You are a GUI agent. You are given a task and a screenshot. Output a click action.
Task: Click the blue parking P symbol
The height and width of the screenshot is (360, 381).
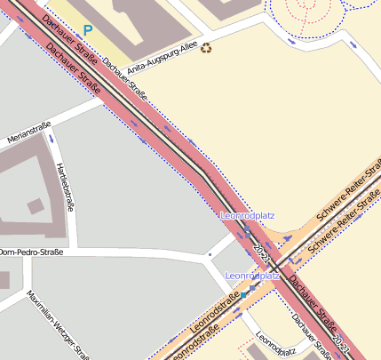coord(88,29)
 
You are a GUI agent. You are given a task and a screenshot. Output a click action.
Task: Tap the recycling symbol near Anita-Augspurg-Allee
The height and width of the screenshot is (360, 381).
coord(207,48)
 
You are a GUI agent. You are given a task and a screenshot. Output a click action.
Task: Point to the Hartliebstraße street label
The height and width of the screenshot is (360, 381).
coord(64,187)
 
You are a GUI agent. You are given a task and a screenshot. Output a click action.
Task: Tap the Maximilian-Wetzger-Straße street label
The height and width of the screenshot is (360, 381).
coord(55,321)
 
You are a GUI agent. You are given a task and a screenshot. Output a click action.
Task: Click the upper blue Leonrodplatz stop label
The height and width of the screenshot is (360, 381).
coord(247,216)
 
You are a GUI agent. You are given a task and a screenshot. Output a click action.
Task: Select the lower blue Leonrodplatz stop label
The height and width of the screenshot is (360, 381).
coord(252,276)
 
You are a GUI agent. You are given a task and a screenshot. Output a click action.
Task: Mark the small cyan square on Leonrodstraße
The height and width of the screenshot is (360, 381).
coord(242,294)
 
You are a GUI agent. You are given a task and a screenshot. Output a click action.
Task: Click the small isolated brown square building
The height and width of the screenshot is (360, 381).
coord(35,207)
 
